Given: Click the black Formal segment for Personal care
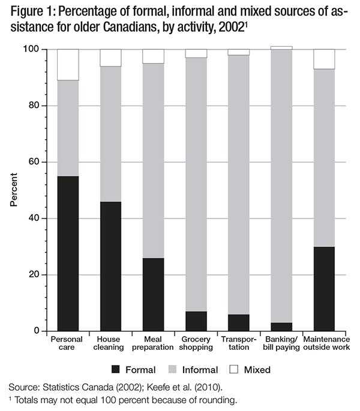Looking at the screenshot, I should [68, 253].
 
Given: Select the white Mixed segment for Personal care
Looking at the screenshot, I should [68, 65].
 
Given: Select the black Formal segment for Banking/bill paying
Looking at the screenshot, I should [281, 326].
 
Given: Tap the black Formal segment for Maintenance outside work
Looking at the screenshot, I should [324, 289].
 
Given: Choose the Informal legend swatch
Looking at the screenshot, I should [179, 370].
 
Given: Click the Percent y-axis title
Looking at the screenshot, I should [14, 190].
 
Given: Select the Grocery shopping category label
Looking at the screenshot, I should [196, 343].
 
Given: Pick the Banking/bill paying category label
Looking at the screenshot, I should [281, 343].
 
